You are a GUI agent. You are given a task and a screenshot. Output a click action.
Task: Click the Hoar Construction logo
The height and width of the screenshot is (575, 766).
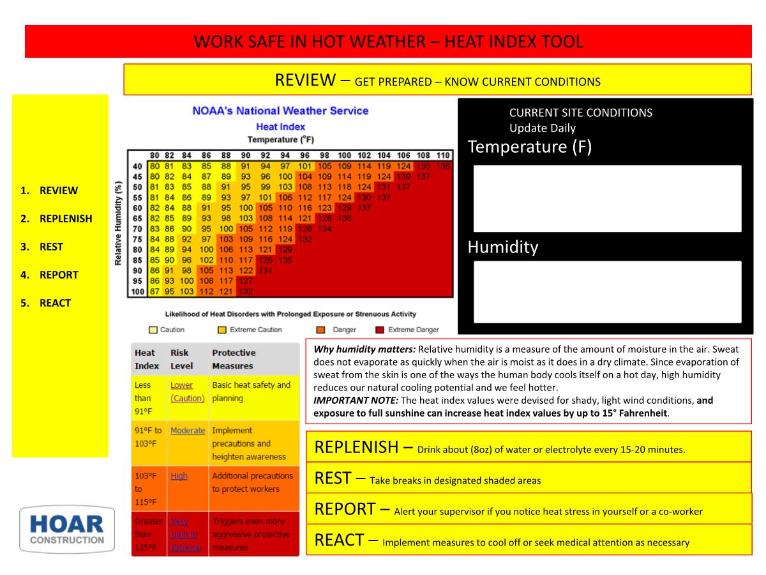click(67, 530)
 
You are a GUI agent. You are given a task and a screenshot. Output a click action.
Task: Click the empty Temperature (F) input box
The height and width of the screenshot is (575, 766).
click(607, 198)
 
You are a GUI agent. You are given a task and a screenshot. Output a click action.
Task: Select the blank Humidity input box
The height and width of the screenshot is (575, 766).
click(607, 291)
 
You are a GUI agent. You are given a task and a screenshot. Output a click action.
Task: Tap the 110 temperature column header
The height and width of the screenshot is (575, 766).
click(443, 155)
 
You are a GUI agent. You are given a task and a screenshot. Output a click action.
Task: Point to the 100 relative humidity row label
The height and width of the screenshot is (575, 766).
click(137, 291)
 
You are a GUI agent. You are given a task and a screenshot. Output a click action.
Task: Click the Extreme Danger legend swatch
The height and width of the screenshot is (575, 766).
click(379, 330)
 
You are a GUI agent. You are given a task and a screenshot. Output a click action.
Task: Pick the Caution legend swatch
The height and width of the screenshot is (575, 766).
click(153, 330)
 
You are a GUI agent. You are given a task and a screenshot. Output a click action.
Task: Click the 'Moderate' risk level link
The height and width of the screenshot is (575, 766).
click(188, 431)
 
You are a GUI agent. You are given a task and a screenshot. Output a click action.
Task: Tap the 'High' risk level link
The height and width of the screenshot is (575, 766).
click(179, 476)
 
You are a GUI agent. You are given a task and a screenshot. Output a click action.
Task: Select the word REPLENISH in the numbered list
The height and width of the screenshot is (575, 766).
click(66, 218)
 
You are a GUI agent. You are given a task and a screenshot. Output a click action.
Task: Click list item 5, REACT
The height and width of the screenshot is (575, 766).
click(55, 303)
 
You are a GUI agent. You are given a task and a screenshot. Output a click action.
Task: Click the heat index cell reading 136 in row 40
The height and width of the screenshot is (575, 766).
click(443, 166)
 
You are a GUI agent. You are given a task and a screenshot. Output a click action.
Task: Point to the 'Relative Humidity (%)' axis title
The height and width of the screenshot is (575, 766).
click(119, 222)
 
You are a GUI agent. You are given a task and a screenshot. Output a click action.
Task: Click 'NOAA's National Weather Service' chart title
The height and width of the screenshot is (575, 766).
click(280, 111)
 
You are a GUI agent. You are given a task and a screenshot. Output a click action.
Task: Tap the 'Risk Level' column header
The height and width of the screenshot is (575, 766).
click(184, 359)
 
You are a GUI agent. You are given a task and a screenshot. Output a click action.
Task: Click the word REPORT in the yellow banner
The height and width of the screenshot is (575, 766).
click(345, 509)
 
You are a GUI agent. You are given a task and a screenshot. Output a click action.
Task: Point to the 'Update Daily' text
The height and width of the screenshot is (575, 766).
click(542, 128)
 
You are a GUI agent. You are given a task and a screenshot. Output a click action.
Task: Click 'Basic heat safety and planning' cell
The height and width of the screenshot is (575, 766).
click(252, 392)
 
